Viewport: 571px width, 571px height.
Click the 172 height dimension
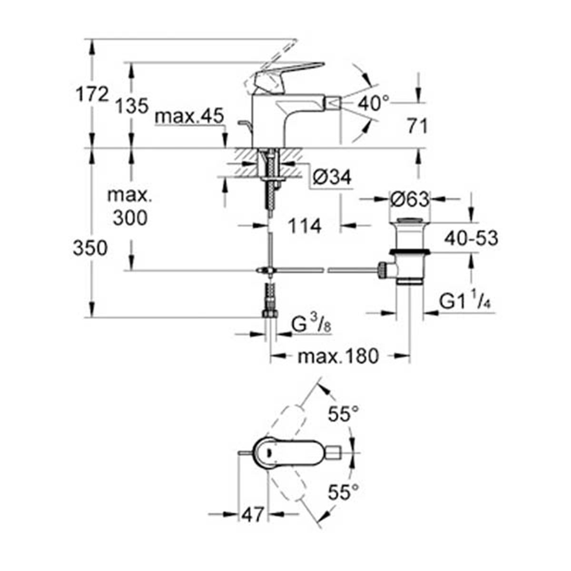(x=92, y=95)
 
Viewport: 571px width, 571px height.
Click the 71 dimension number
(x=417, y=127)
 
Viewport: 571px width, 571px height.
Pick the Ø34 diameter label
(x=332, y=178)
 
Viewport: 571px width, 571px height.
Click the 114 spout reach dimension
(x=305, y=226)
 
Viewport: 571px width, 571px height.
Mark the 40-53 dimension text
(x=471, y=238)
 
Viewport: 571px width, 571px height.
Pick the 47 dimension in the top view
(x=252, y=515)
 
